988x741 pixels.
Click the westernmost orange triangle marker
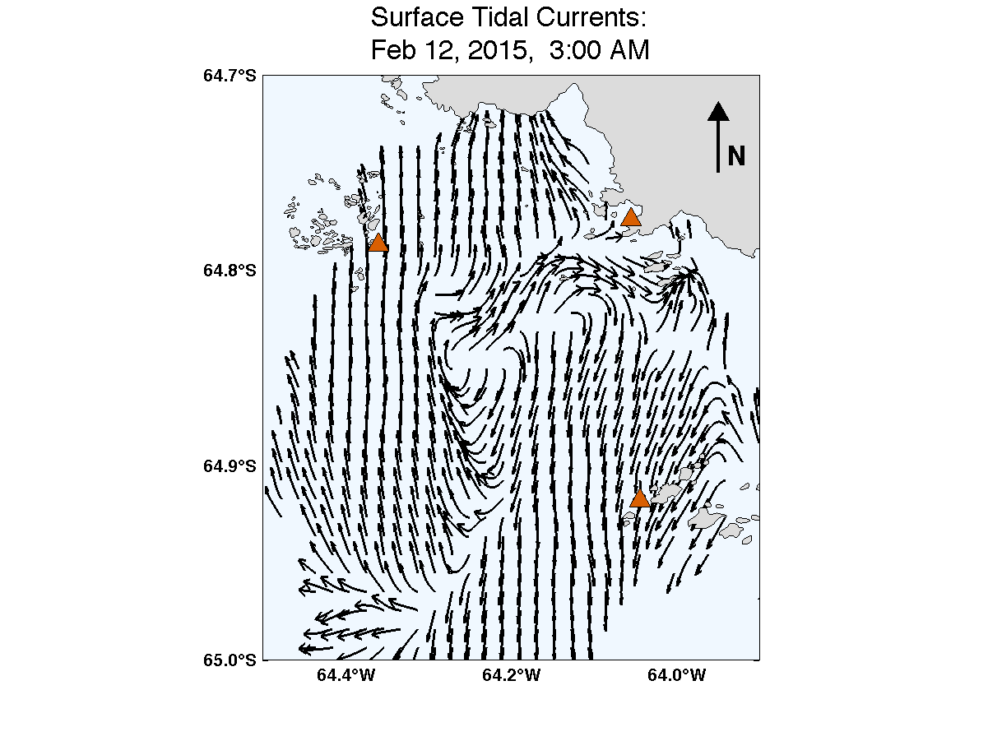(x=378, y=243)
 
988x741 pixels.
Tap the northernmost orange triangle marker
(x=631, y=218)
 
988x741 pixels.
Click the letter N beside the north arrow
(x=736, y=155)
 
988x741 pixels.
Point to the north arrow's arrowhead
(x=718, y=111)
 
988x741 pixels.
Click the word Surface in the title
(x=414, y=16)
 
